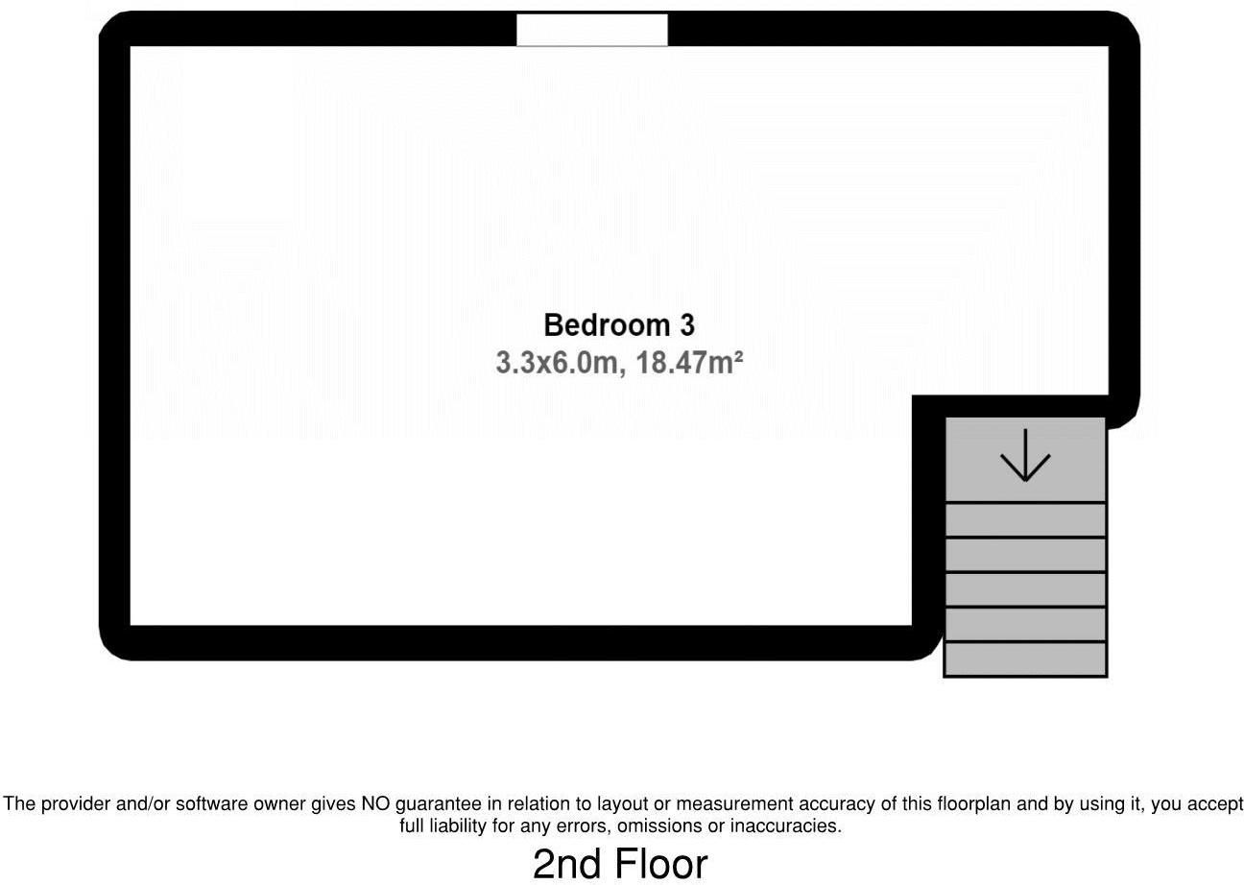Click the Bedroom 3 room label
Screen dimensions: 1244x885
click(x=619, y=325)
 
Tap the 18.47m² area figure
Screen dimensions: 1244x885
click(x=689, y=363)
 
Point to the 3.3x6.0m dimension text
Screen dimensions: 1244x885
click(x=557, y=364)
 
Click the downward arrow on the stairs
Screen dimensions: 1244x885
click(x=1025, y=455)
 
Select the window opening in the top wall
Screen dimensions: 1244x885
click(x=592, y=30)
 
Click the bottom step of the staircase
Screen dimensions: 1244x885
click(x=1025, y=659)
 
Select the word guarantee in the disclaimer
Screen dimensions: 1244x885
click(x=439, y=804)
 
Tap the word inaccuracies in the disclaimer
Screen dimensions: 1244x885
click(x=785, y=826)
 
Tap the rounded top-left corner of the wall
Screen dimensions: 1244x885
click(x=112, y=25)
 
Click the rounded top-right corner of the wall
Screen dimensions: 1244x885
click(x=1126, y=26)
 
